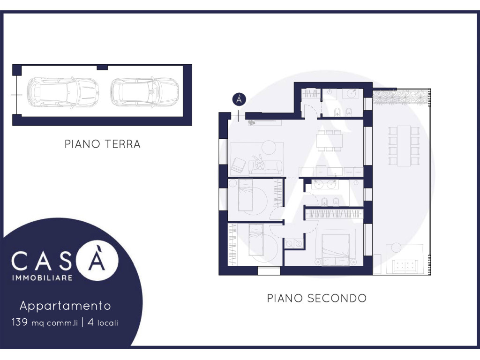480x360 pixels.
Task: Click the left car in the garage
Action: (62, 92)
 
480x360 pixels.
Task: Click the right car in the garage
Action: (144, 92)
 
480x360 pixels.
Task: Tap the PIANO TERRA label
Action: (103, 144)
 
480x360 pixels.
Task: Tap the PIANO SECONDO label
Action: (317, 298)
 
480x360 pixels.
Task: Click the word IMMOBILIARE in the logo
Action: (42, 278)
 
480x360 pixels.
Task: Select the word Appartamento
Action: (65, 306)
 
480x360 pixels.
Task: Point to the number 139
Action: (20, 322)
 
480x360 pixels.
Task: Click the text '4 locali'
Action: (103, 322)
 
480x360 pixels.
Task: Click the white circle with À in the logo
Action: (97, 260)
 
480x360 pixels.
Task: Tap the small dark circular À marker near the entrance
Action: (239, 99)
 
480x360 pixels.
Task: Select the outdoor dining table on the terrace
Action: (404, 146)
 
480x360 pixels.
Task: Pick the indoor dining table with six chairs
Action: (329, 141)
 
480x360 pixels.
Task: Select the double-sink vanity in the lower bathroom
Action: (324, 185)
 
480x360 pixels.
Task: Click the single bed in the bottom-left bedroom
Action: (256, 240)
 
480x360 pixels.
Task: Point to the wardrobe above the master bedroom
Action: (335, 213)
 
